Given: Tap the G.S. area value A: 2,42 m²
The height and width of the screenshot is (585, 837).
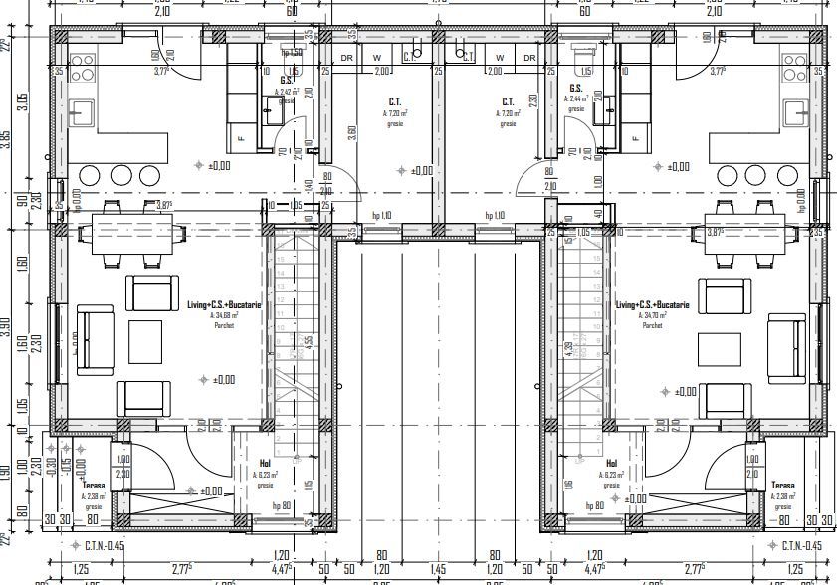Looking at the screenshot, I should (x=287, y=91).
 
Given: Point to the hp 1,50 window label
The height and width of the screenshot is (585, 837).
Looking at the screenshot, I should (x=291, y=52).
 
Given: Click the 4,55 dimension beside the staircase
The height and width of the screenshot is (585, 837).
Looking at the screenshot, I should (x=310, y=340).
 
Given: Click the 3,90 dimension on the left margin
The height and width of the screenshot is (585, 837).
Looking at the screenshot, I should (x=6, y=327).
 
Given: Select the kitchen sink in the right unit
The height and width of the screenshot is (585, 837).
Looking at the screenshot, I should (x=795, y=111).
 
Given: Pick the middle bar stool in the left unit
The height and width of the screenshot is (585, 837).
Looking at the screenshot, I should (x=121, y=175).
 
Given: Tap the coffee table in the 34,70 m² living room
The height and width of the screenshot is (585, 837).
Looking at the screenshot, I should (x=719, y=349).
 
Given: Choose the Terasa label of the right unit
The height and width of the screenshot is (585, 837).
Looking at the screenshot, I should (x=783, y=486).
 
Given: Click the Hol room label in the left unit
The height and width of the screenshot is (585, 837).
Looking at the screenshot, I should (x=265, y=464).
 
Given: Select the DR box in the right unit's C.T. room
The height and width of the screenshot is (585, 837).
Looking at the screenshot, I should (x=529, y=58).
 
